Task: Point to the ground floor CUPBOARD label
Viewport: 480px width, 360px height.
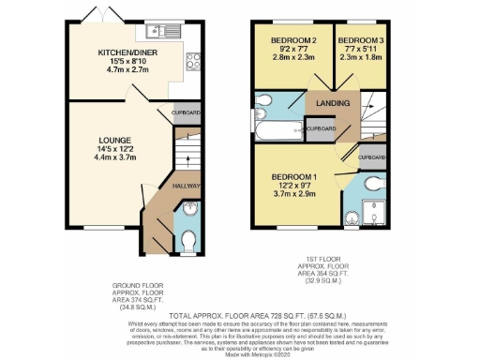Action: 187,113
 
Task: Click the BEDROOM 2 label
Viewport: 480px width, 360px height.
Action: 293,40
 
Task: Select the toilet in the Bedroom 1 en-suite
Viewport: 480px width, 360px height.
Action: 379,182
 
